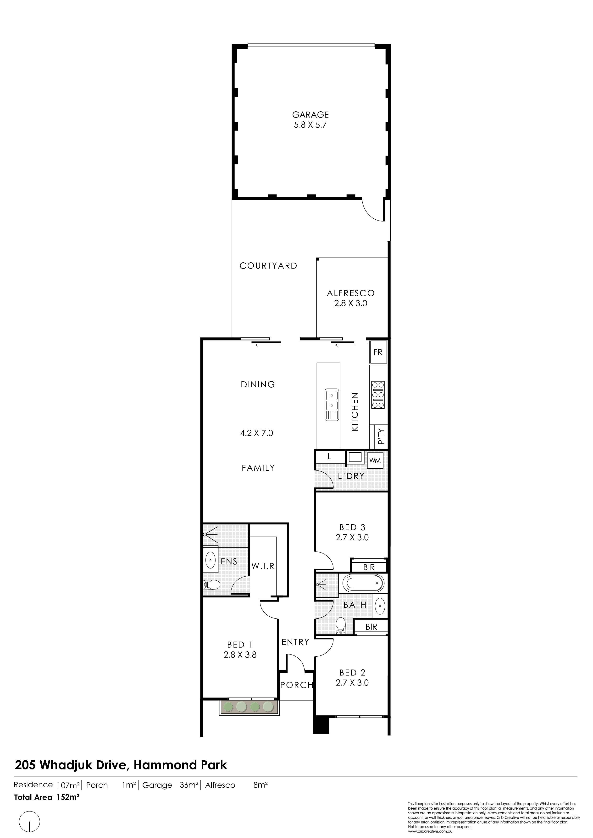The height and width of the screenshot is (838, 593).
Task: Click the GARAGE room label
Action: tap(310, 115)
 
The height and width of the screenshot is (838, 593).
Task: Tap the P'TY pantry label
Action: tap(381, 437)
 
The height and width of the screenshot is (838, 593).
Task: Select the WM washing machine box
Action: tap(375, 461)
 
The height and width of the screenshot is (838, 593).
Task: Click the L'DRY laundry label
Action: tap(351, 476)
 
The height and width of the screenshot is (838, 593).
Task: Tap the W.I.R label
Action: tap(263, 566)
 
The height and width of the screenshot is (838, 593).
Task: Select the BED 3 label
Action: tap(352, 527)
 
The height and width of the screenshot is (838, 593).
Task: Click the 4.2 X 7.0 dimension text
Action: tap(256, 433)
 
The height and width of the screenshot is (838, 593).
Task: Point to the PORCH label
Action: tap(297, 685)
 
